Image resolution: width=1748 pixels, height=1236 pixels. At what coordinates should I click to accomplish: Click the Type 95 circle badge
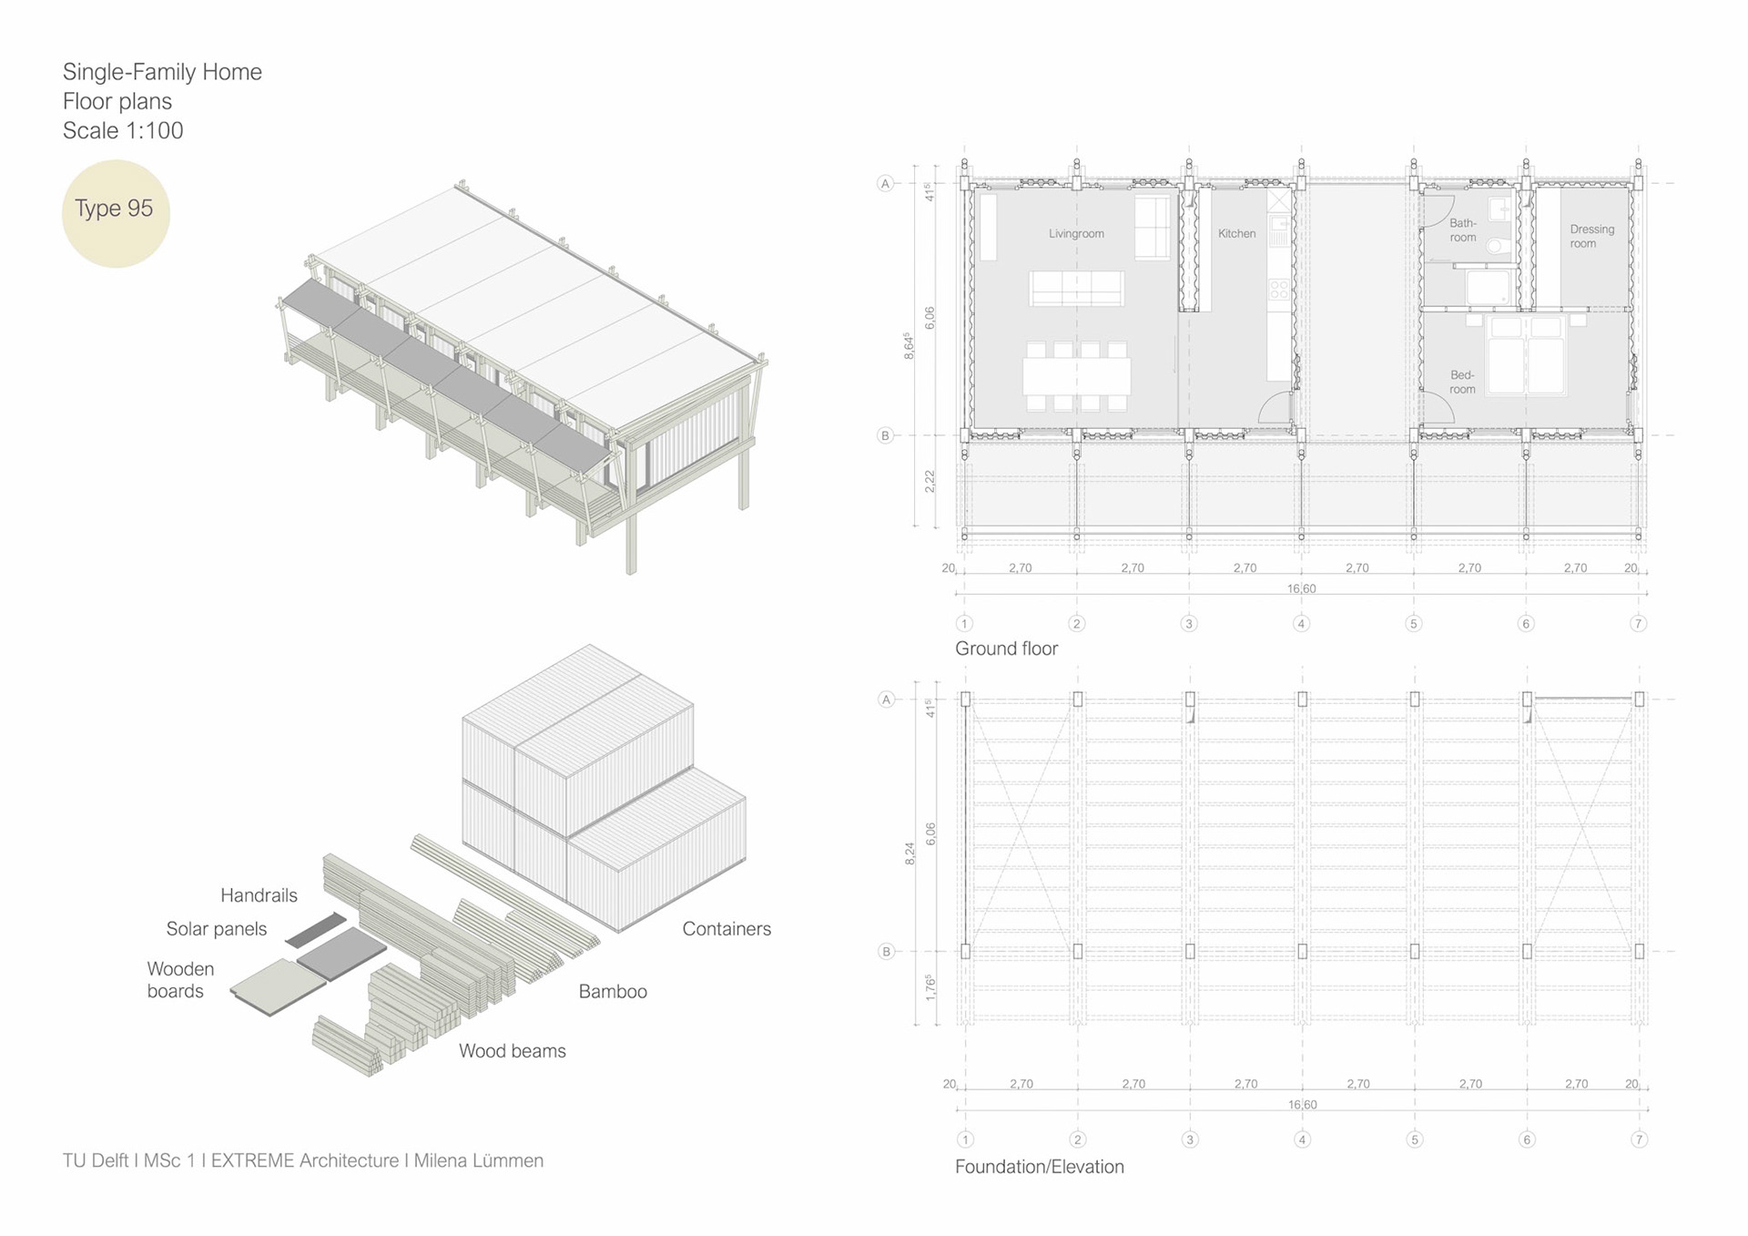(116, 213)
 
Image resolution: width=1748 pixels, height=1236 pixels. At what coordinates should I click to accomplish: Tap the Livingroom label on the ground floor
(1076, 234)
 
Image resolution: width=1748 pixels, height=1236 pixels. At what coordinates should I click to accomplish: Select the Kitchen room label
(1236, 234)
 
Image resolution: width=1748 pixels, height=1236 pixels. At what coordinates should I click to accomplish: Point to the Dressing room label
(1591, 237)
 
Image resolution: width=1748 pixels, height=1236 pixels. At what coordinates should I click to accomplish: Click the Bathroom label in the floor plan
(1462, 230)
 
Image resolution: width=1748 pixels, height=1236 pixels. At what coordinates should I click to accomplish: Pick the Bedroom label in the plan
(1462, 383)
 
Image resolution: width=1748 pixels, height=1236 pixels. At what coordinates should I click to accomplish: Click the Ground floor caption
(1006, 649)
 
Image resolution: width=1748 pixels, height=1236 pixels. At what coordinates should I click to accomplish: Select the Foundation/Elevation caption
(1039, 1167)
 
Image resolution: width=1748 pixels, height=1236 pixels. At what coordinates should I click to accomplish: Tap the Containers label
(727, 929)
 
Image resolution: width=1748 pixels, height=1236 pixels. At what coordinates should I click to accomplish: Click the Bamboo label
(613, 992)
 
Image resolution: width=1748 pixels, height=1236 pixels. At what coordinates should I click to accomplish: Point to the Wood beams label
(512, 1051)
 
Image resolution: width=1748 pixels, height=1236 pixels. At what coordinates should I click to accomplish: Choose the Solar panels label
(217, 929)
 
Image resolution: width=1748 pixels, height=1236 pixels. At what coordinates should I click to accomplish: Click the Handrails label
(259, 895)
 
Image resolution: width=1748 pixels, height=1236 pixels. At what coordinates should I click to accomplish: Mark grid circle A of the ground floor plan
(885, 184)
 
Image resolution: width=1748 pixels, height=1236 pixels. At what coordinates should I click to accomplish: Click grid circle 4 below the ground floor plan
(1301, 624)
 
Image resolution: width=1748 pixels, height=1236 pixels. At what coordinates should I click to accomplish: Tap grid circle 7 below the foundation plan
(1639, 1139)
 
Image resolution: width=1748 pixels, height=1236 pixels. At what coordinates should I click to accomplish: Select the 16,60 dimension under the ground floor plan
(1301, 588)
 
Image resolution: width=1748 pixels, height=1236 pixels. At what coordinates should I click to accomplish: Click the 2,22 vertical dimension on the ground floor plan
(930, 482)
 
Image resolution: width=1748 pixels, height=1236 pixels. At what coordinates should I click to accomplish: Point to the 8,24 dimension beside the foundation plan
(909, 853)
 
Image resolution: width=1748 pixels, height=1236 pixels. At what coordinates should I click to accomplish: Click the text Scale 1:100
(123, 131)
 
